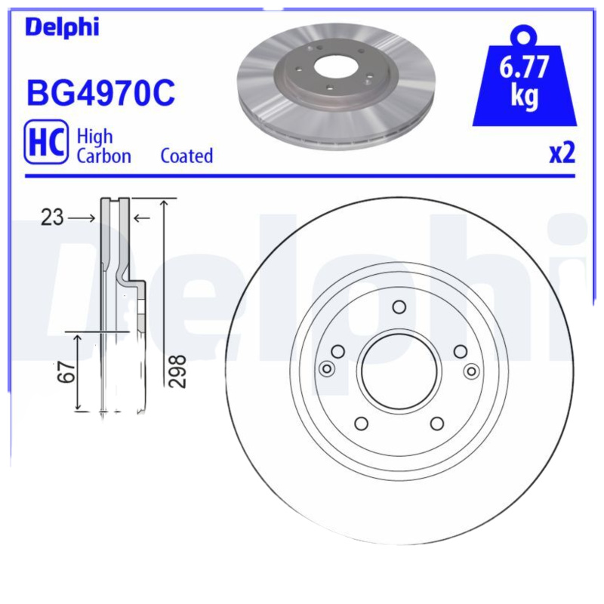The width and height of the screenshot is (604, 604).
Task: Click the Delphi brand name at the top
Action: coord(62,26)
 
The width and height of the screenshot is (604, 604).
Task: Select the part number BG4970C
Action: coord(100,93)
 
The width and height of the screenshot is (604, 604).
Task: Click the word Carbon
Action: coord(103,156)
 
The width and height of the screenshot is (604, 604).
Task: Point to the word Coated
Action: coord(186,156)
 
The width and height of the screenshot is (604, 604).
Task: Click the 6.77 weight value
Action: coord(524,69)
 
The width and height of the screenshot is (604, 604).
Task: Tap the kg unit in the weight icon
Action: coord(524,97)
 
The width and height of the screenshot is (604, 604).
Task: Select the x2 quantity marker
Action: coord(562,153)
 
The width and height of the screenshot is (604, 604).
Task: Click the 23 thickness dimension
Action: coord(52,218)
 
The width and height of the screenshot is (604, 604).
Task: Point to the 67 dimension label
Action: coord(69,372)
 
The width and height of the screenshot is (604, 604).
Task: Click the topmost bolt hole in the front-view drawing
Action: coord(399,307)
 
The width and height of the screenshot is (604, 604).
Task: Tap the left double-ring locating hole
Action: coord(327,368)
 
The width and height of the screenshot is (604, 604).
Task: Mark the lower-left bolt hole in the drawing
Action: coord(361,423)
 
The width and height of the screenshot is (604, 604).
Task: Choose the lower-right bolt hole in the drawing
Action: coord(437,424)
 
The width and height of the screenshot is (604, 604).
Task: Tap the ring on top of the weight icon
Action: coord(524,35)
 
